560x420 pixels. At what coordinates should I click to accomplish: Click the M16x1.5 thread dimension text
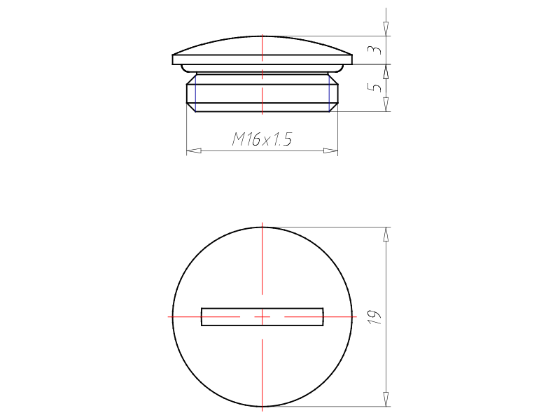262,139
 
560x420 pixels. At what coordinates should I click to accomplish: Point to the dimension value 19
375,317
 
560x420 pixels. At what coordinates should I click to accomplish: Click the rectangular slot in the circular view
262,317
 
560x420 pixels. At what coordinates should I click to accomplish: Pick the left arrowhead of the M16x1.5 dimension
194,150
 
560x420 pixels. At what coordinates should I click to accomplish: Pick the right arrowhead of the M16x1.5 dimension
330,150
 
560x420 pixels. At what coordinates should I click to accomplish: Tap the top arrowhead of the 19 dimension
386,234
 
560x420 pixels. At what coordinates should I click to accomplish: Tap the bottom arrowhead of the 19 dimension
386,399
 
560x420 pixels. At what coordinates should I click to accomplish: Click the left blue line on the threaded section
195,93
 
